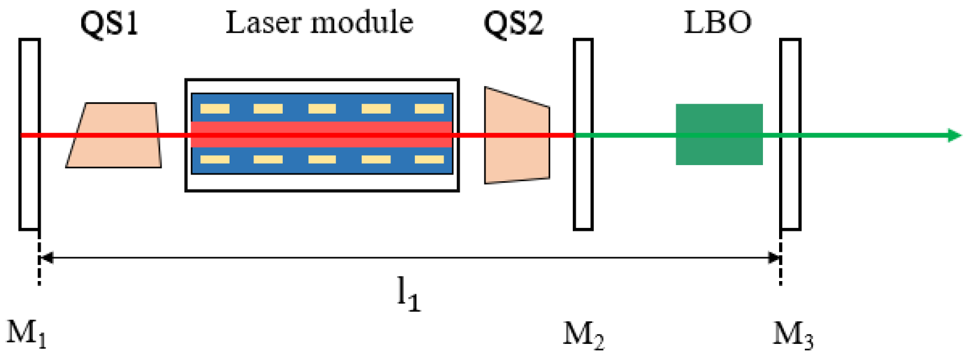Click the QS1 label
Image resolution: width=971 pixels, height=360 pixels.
click(x=109, y=24)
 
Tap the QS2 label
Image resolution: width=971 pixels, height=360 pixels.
click(x=513, y=24)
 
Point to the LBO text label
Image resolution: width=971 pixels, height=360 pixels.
click(x=717, y=23)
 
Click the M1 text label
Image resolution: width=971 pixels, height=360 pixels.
click(x=26, y=334)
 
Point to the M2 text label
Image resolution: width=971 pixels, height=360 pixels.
click(x=583, y=335)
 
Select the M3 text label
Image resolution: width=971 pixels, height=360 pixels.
click(x=793, y=335)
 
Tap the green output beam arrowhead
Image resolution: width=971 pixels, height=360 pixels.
click(x=955, y=135)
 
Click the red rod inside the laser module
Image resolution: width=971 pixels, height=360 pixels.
click(x=321, y=135)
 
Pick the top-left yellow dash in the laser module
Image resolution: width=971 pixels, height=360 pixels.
click(x=215, y=109)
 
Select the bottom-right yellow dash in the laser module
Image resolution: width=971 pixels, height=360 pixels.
click(x=429, y=160)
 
